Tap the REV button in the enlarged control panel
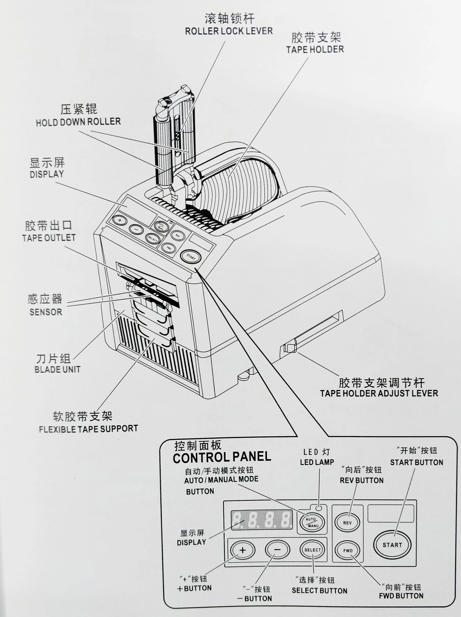pos(347,522)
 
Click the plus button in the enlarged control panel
pos(243,550)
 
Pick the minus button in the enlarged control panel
pos(277,550)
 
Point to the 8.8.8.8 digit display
pos(262,520)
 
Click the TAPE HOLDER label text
pos(315,49)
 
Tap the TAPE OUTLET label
pos(49,238)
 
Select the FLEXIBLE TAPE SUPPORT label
pos(88,428)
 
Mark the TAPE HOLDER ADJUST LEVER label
pos(379,393)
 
